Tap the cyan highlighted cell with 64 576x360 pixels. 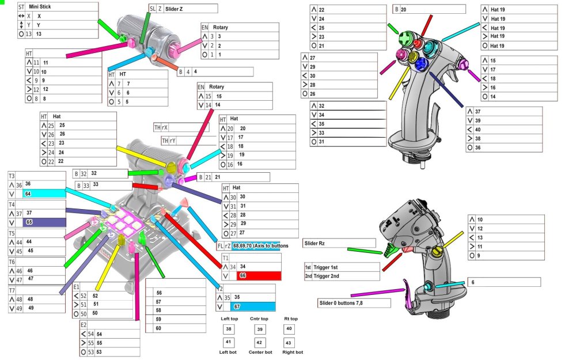[x=44, y=194]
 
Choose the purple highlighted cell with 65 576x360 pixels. [x=44, y=222]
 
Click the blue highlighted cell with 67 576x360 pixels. [x=252, y=306]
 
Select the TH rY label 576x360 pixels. [x=168, y=141]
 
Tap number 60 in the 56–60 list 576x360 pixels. [x=158, y=328]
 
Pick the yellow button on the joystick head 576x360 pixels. [x=412, y=56]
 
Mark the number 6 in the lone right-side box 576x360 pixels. [x=473, y=282]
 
